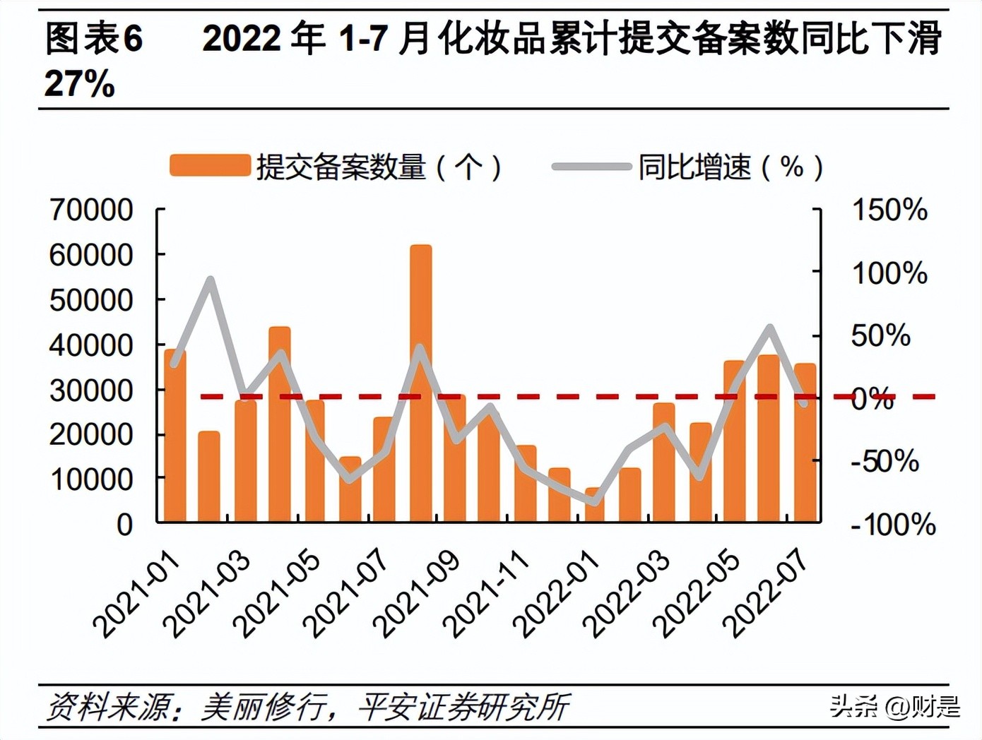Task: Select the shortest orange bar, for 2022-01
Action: pyautogui.click(x=595, y=504)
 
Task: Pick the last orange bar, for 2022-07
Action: pyautogui.click(x=805, y=445)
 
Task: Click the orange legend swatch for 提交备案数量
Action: pyautogui.click(x=210, y=166)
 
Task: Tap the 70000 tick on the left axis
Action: pyautogui.click(x=91, y=210)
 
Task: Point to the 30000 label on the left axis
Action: pyautogui.click(x=91, y=390)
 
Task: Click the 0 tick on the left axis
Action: pyautogui.click(x=124, y=525)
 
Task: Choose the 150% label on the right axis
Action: pyautogui.click(x=889, y=210)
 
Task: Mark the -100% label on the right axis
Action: pyautogui.click(x=893, y=525)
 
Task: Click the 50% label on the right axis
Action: pyautogui.click(x=880, y=335)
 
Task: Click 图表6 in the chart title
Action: pyautogui.click(x=94, y=39)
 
